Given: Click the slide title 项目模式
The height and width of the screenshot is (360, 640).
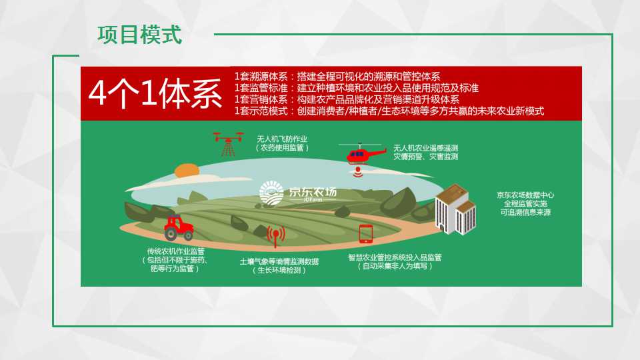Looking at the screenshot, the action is (139, 35).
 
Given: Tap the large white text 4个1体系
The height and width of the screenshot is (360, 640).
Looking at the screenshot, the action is (155, 94).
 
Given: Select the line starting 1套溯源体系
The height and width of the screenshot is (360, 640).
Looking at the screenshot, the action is (337, 76).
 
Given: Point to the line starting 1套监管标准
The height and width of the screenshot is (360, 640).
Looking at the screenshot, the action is (356, 88).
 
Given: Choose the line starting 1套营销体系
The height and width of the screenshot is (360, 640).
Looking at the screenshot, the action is (347, 99).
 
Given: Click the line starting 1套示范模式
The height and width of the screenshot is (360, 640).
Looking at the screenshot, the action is (389, 111).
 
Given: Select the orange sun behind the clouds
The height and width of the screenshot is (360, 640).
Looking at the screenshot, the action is (187, 171).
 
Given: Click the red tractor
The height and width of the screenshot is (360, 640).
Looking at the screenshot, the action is (179, 228).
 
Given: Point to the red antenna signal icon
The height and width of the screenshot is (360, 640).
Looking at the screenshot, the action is (276, 236).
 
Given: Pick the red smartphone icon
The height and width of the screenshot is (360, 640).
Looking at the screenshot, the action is (365, 234).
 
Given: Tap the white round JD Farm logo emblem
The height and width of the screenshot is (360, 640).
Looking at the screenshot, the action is (271, 193).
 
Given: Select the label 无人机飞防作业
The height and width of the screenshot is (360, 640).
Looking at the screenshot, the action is (282, 139).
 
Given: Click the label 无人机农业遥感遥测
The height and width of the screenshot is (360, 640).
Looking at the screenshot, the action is (426, 148).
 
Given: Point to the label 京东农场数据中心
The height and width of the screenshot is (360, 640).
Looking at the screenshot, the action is (525, 195).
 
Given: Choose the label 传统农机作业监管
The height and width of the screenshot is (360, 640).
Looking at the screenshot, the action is (176, 251).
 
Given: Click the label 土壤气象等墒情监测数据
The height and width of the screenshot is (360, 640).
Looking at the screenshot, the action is (279, 261).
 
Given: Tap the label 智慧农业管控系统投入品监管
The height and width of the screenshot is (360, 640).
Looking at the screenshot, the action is (395, 257).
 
